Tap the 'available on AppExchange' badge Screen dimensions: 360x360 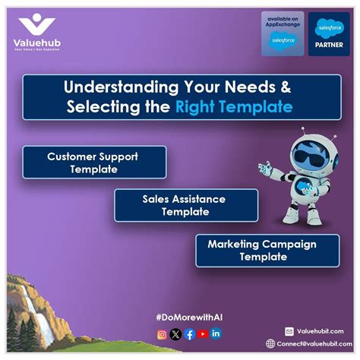tap(282, 33)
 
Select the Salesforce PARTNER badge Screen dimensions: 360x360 tap(329, 33)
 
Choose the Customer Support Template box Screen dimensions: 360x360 tap(94, 163)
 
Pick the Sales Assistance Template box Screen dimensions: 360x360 tap(185, 205)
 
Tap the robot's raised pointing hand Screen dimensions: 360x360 tap(261, 166)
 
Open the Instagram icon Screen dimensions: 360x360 tap(162, 333)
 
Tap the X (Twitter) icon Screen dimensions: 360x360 tap(175, 333)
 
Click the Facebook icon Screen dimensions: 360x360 tap(190, 333)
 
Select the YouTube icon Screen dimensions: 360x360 tap(203, 333)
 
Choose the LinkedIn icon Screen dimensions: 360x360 tap(216, 333)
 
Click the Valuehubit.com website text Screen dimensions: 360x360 tap(321, 331)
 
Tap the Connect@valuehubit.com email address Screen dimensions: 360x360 tap(313, 343)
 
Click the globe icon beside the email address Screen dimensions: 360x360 tap(270, 343)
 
